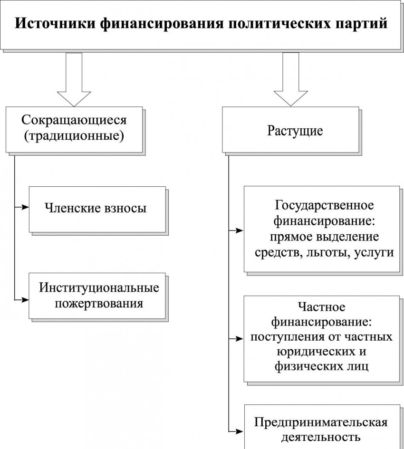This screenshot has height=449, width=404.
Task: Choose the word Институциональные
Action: click(99, 288)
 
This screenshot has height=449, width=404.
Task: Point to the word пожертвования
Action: click(99, 303)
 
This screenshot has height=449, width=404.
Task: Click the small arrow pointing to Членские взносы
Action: click(21, 207)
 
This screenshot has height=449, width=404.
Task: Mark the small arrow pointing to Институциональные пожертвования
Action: click(21, 300)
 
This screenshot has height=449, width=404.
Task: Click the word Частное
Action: click(322, 306)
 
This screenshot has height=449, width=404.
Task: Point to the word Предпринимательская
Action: click(321, 422)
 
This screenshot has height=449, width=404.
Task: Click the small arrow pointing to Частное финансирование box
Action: click(236, 339)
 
